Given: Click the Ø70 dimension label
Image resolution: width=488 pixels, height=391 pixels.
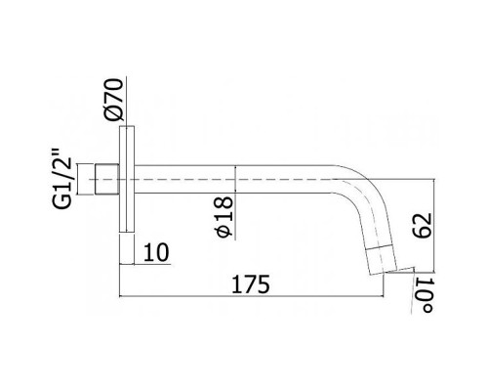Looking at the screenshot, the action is (114, 100).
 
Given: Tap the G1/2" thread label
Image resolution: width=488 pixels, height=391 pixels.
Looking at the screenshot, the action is (61, 179).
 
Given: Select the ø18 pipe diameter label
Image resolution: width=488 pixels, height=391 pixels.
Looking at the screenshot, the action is (224, 217).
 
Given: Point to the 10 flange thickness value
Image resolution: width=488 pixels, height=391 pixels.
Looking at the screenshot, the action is (156, 252).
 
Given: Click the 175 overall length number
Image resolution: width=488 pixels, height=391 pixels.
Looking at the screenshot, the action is (251, 284).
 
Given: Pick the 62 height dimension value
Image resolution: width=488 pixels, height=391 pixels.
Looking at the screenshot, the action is (422, 225).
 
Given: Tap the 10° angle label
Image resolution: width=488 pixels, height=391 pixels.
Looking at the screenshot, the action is (424, 295).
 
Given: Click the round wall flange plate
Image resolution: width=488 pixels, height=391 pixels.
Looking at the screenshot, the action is (127, 179).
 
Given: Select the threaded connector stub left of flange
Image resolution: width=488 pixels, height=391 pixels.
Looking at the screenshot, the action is (107, 179).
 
